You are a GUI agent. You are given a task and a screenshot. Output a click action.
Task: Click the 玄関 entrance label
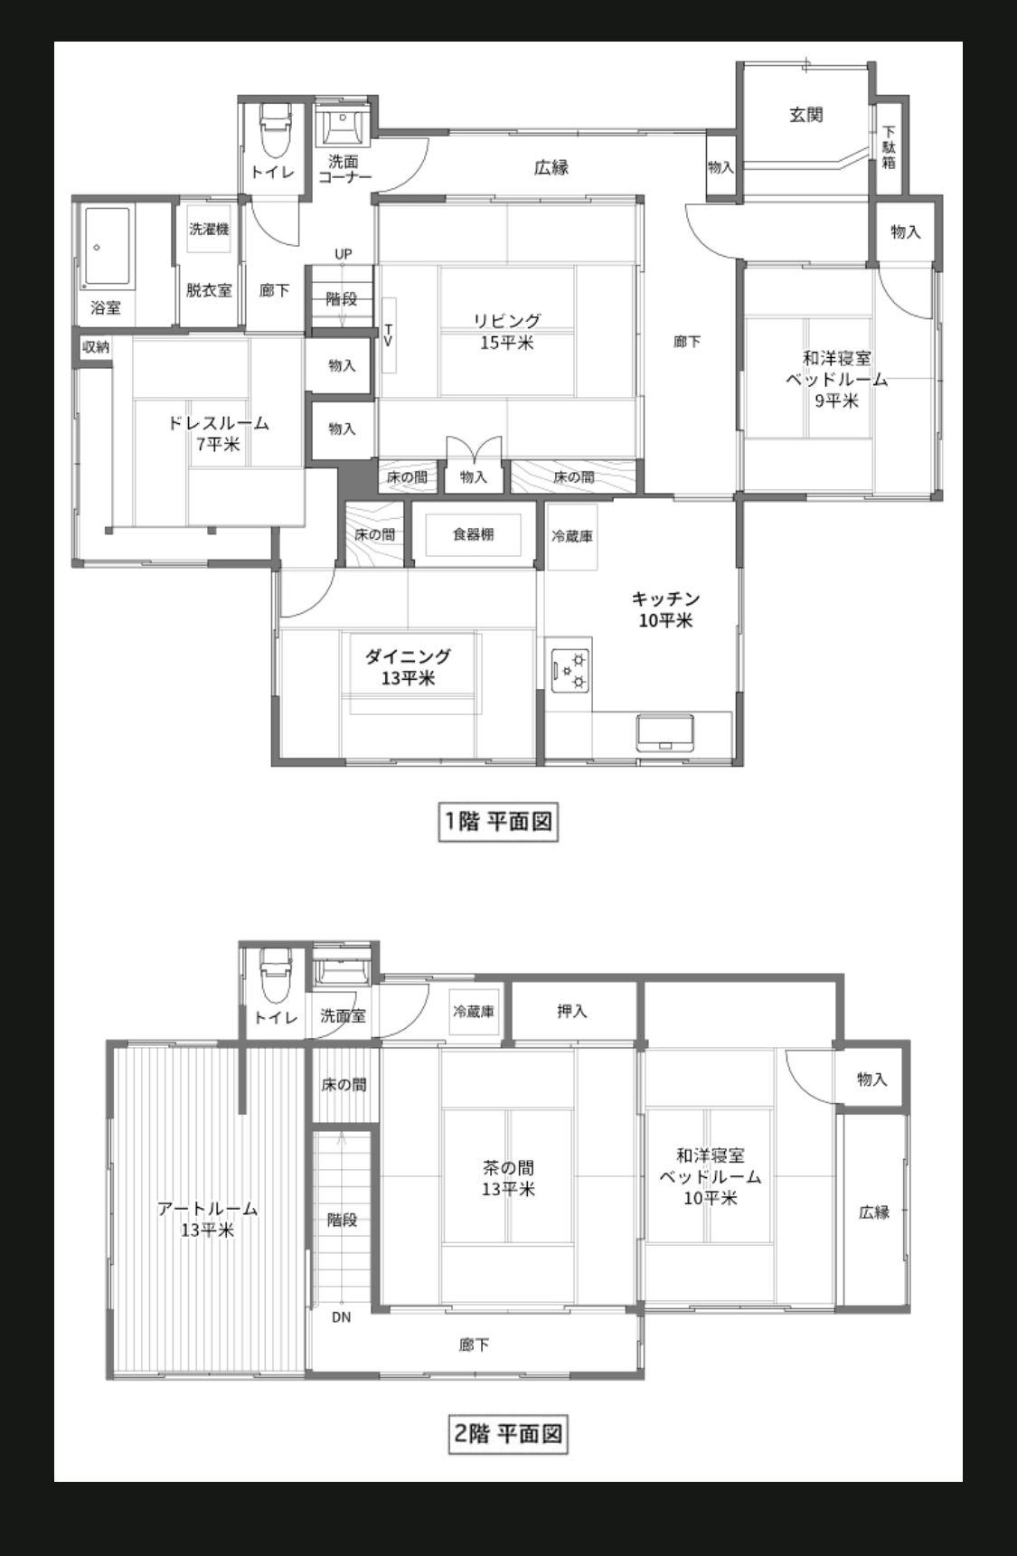click(805, 115)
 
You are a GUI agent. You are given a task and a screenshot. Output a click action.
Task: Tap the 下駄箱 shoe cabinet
click(889, 146)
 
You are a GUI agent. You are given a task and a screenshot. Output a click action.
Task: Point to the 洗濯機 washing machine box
click(209, 231)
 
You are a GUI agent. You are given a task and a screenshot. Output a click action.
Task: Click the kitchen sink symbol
click(666, 732)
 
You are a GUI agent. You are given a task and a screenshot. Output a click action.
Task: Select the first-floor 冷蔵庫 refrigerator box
click(571, 536)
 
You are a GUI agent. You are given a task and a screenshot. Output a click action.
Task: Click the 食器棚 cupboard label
click(473, 534)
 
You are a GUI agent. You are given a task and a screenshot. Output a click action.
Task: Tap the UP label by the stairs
click(343, 254)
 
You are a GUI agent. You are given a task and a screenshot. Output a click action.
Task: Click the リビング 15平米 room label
click(507, 331)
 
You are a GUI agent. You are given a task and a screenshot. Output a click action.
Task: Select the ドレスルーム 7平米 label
click(219, 433)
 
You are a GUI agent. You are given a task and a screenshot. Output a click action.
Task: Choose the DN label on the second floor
click(341, 1317)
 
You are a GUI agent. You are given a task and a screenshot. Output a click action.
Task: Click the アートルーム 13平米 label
click(207, 1219)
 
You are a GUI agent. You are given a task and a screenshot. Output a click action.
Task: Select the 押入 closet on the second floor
click(572, 1011)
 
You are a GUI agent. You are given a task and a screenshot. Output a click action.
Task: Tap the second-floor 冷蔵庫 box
click(474, 1011)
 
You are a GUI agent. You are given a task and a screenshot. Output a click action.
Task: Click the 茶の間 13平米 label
click(508, 1178)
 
